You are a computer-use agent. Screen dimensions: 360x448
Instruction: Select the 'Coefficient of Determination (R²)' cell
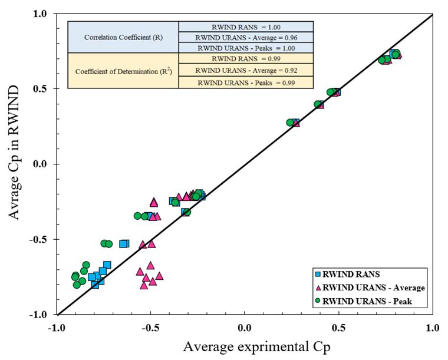click(x=123, y=71)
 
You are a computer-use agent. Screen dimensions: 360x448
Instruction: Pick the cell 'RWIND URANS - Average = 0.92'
click(x=246, y=71)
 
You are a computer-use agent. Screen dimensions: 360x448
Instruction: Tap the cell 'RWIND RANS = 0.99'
click(x=246, y=59)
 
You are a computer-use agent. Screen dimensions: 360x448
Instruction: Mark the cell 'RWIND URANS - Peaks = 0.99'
click(x=246, y=82)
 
